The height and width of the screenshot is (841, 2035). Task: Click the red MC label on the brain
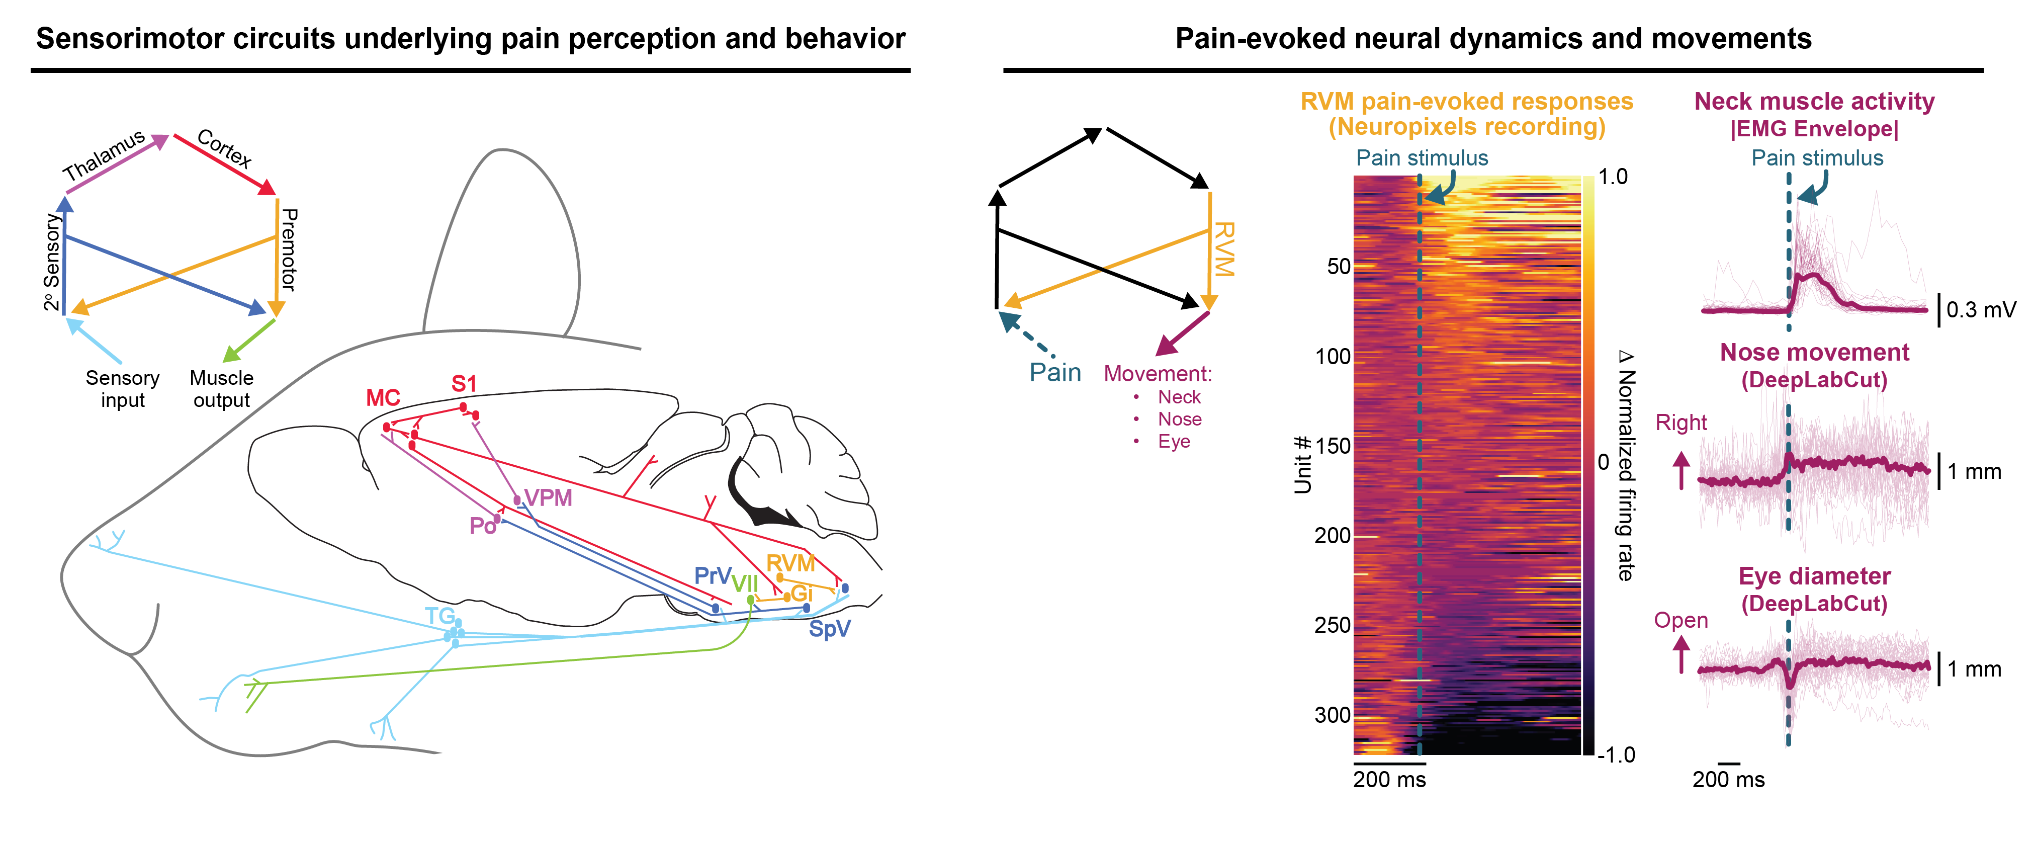click(383, 397)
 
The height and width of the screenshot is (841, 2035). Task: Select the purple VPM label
click(548, 498)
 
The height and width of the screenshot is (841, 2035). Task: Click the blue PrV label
click(712, 575)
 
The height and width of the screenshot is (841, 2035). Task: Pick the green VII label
click(745, 584)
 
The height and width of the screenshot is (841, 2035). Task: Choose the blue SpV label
click(830, 629)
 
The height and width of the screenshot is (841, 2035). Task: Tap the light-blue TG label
click(440, 616)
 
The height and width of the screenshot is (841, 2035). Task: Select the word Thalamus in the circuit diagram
click(104, 155)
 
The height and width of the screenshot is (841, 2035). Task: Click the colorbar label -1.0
click(1616, 755)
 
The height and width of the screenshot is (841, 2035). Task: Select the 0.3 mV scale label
click(1981, 310)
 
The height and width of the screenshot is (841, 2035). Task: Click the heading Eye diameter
click(1815, 576)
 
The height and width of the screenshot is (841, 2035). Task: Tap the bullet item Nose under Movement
click(1180, 419)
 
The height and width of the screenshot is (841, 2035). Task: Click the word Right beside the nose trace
click(1681, 423)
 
